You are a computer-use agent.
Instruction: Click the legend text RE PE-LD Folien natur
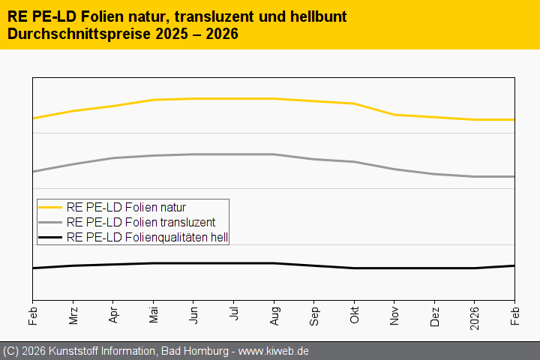[x=126, y=207]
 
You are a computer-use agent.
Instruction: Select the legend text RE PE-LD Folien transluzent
[x=140, y=222]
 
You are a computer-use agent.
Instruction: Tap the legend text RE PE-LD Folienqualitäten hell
[x=147, y=237]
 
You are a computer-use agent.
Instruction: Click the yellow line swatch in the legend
[x=50, y=207]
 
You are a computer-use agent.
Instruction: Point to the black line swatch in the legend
[x=50, y=237]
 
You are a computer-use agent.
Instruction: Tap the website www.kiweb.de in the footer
[x=274, y=351]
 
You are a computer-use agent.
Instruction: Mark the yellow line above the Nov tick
[x=394, y=115]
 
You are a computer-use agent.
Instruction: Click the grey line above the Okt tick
[x=354, y=162]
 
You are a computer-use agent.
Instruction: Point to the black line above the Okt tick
[x=354, y=268]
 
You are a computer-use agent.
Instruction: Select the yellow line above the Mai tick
[x=153, y=100]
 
